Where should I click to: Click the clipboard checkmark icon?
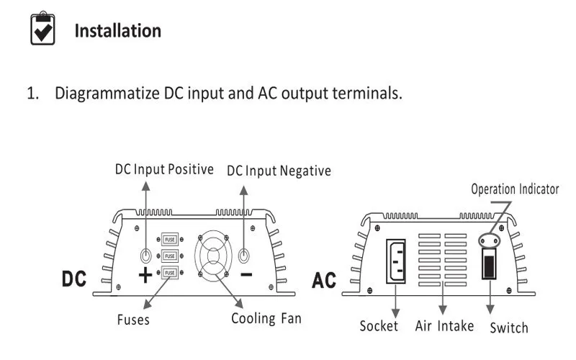(x=42, y=28)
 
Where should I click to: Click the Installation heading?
(x=118, y=31)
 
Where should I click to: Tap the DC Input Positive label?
(x=164, y=169)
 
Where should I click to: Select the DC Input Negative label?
(x=279, y=171)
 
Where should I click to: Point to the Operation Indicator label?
(x=515, y=189)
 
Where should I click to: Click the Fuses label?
(x=133, y=320)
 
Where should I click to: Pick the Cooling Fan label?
(x=266, y=318)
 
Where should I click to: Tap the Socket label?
(x=379, y=326)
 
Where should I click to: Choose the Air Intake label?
(x=444, y=326)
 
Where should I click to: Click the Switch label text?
(x=509, y=328)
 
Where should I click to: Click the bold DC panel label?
(x=74, y=279)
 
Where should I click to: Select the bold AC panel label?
(x=323, y=280)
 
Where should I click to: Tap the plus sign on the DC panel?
(x=145, y=275)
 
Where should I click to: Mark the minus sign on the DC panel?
(x=246, y=274)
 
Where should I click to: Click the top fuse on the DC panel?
(x=170, y=240)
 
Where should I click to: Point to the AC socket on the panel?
(x=395, y=261)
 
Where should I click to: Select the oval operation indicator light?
(x=490, y=241)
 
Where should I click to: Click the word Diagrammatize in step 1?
(x=107, y=94)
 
